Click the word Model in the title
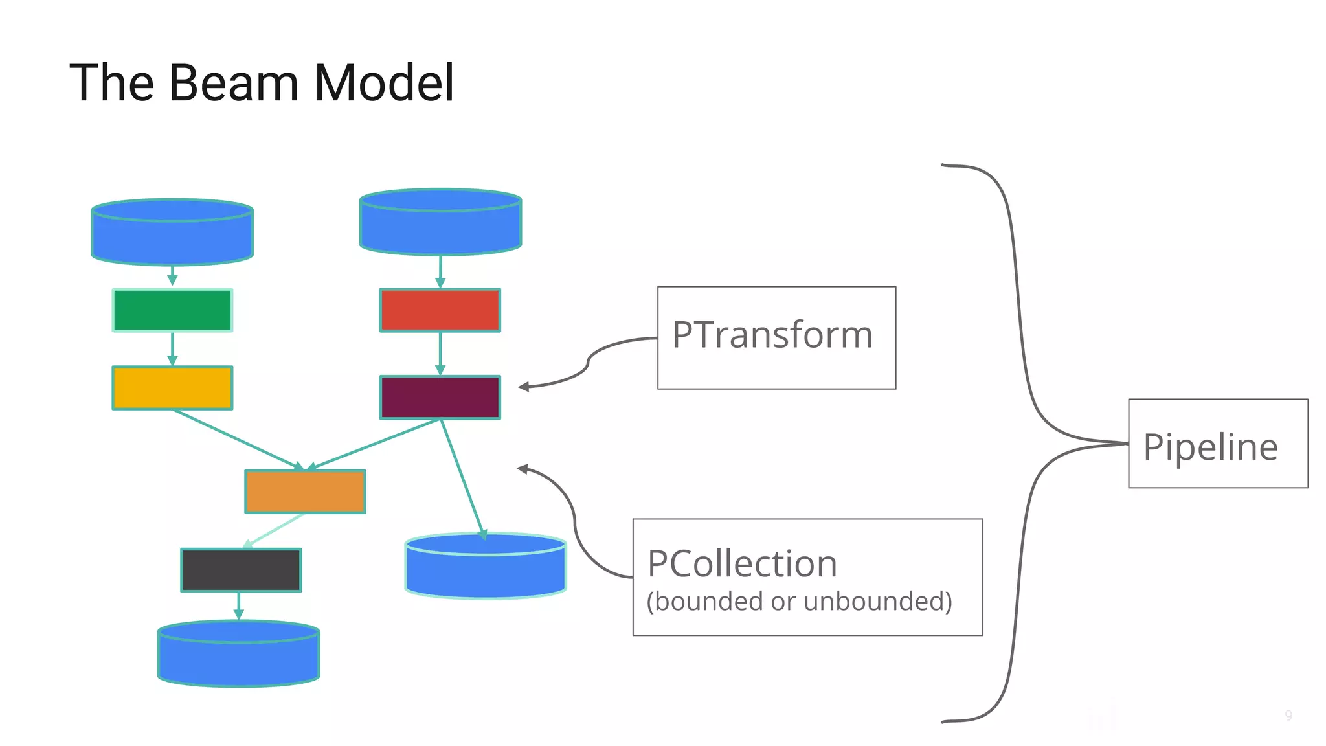pos(384,83)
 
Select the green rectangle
pos(172,310)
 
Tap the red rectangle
pos(440,310)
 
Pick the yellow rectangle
pos(172,388)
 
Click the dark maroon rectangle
pos(440,397)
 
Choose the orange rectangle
pos(305,492)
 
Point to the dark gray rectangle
pos(241,570)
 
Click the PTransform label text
pos(772,335)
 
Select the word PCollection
pos(742,563)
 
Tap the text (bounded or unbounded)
pos(799,602)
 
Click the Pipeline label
pos(1210,447)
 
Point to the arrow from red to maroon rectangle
pos(440,354)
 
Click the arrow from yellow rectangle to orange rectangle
pos(236,439)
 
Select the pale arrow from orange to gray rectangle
pos(275,530)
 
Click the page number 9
pos(1288,716)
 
